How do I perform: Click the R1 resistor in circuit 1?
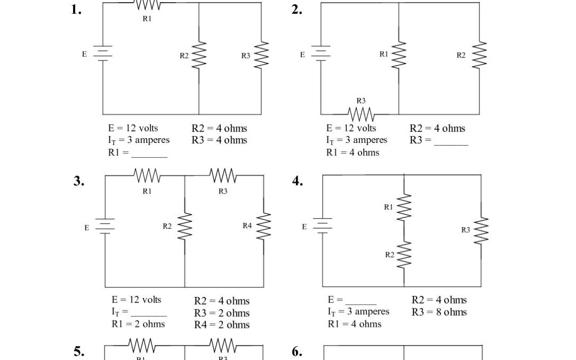[147, 5]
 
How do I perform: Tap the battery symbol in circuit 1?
[102, 53]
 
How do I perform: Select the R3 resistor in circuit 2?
[361, 114]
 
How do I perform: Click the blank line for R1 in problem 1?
[149, 155]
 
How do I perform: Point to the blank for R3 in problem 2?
[451, 142]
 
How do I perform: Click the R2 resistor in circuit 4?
[404, 255]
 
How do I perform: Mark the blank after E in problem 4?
[361, 302]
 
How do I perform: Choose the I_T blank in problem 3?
[149, 314]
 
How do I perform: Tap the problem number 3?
[79, 181]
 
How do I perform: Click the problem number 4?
[298, 181]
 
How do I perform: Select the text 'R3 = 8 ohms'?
[439, 312]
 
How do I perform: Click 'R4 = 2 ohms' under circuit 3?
[221, 325]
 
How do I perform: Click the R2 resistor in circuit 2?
[479, 55]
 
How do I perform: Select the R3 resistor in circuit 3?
[223, 175]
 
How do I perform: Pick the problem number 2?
[298, 10]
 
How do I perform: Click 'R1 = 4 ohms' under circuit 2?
[353, 153]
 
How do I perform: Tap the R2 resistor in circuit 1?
[199, 55]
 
